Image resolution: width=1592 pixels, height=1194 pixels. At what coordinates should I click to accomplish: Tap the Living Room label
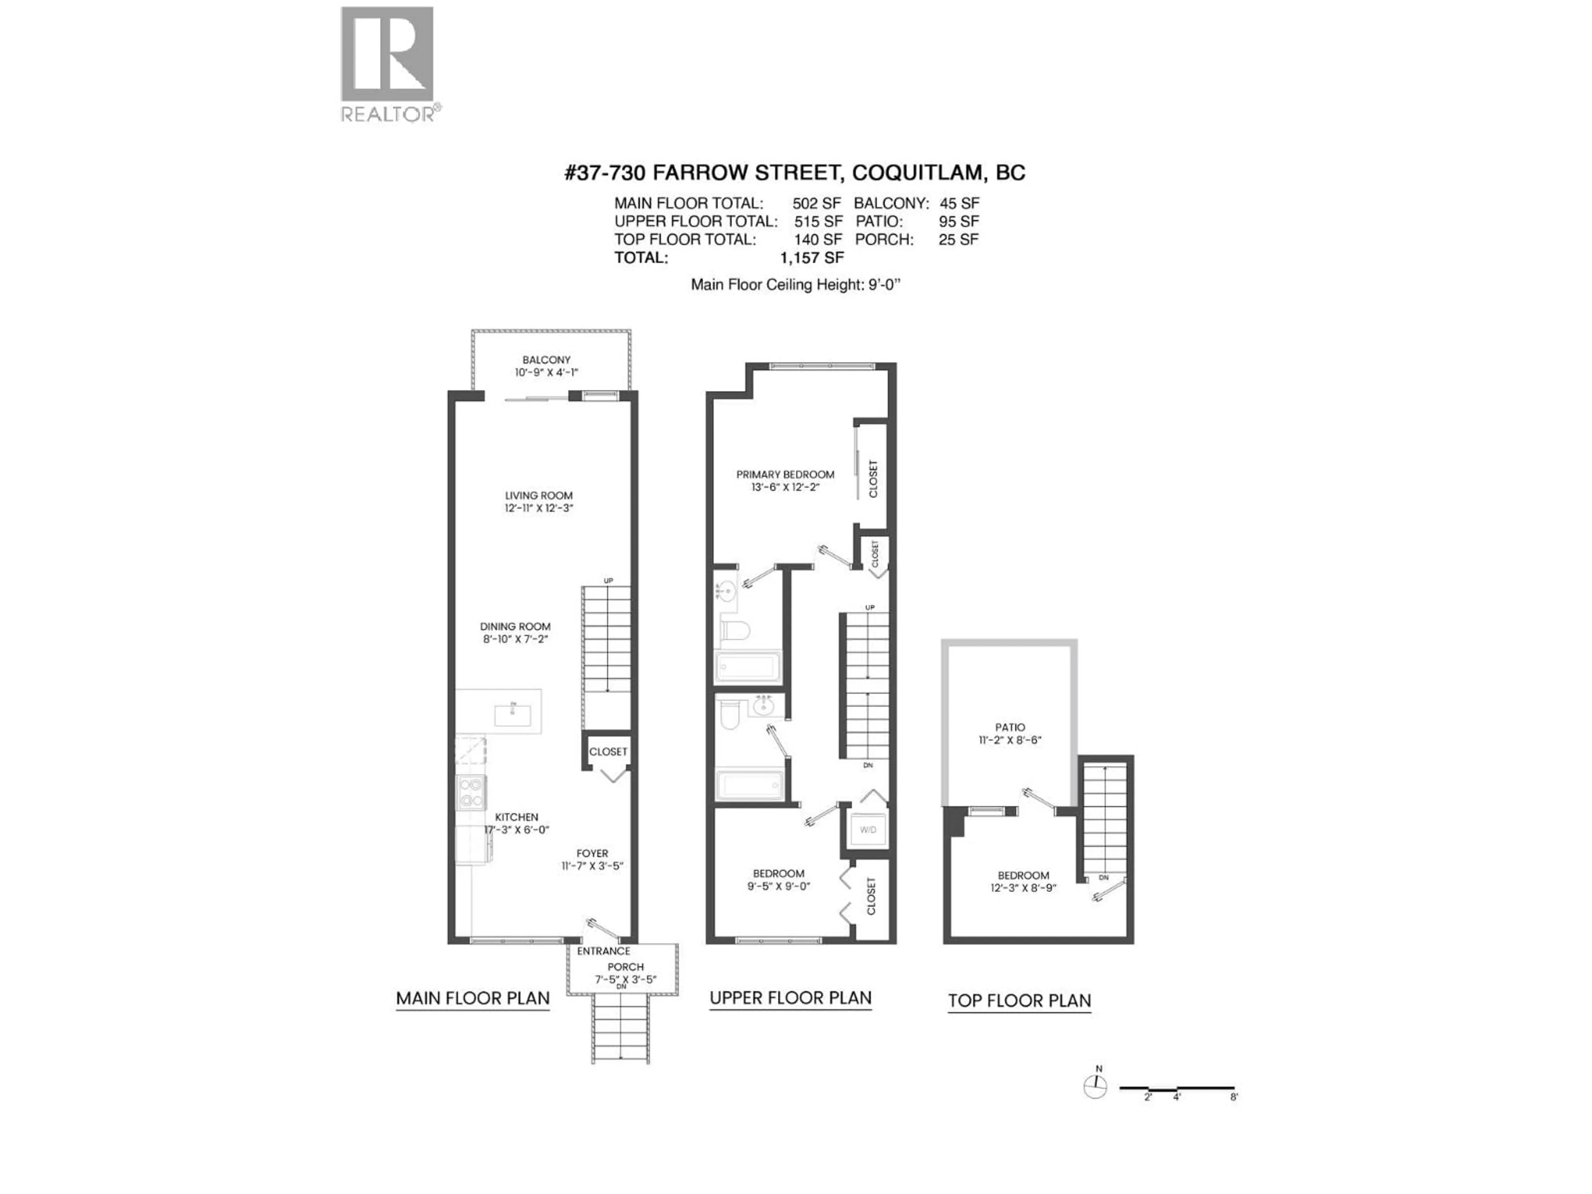(539, 495)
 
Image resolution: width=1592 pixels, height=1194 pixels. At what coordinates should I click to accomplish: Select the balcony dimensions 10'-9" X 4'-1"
(546, 372)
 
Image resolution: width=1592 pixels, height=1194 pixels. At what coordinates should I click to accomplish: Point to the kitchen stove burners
(471, 792)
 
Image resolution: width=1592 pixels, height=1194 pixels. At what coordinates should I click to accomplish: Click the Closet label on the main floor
(608, 751)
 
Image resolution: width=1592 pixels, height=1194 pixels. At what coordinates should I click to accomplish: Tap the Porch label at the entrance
(626, 966)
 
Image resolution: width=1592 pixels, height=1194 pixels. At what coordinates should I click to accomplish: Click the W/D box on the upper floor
(868, 830)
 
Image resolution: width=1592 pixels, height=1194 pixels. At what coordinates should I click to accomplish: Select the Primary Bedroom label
(785, 474)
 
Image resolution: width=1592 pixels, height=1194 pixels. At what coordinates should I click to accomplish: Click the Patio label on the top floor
(1010, 727)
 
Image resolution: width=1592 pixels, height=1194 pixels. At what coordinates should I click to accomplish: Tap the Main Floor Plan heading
(473, 998)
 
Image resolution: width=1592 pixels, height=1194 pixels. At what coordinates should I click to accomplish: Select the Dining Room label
(515, 626)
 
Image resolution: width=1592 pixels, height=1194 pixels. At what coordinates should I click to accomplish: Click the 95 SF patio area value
(958, 222)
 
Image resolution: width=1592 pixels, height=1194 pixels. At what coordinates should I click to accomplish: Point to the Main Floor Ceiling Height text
(795, 284)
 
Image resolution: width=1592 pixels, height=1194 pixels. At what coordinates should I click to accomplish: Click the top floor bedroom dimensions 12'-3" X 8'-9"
(1023, 888)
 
